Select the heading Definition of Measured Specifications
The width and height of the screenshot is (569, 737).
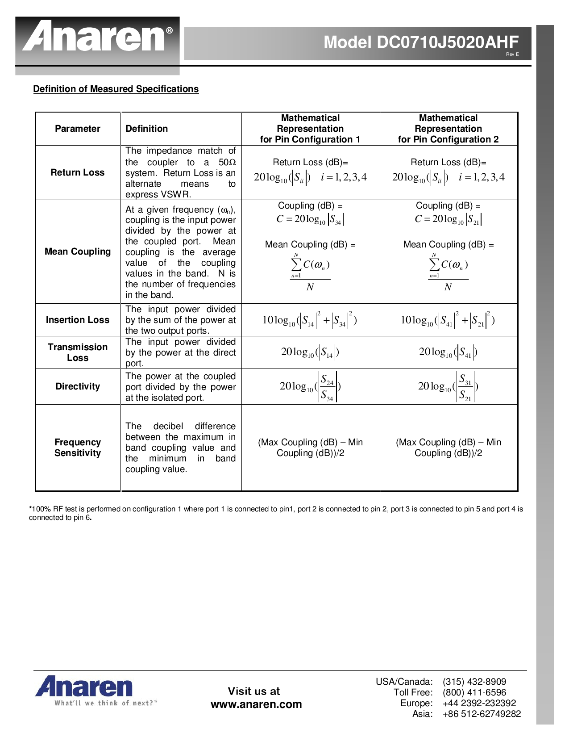pyautogui.click(x=116, y=89)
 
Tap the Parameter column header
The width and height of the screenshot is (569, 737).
pyautogui.click(x=78, y=129)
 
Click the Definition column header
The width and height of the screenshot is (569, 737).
pyautogui.click(x=146, y=129)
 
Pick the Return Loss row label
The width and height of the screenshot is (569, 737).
pyautogui.click(x=78, y=172)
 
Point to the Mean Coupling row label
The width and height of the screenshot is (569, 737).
pyautogui.click(x=78, y=251)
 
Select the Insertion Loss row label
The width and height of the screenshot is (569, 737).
pyautogui.click(x=78, y=320)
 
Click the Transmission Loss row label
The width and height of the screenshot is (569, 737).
pyautogui.click(x=78, y=352)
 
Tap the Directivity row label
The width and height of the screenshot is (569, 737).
pyautogui.click(x=78, y=386)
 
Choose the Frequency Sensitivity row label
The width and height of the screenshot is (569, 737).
pyautogui.click(x=78, y=448)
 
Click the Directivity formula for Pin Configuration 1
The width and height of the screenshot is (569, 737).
pyautogui.click(x=310, y=387)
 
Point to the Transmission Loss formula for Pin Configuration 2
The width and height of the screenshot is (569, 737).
pyautogui.click(x=448, y=352)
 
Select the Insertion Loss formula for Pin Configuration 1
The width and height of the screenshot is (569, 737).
pyautogui.click(x=310, y=320)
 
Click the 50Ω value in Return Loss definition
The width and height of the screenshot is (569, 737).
pyautogui.click(x=227, y=162)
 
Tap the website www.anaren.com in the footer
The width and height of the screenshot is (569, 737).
pyautogui.click(x=256, y=704)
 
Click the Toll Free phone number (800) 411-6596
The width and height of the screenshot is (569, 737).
pyautogui.click(x=474, y=692)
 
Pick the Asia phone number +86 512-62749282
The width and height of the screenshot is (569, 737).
pyautogui.click(x=482, y=714)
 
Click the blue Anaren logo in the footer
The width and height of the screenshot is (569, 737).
pyautogui.click(x=84, y=687)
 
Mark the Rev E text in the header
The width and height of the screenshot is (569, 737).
pyautogui.click(x=512, y=54)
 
